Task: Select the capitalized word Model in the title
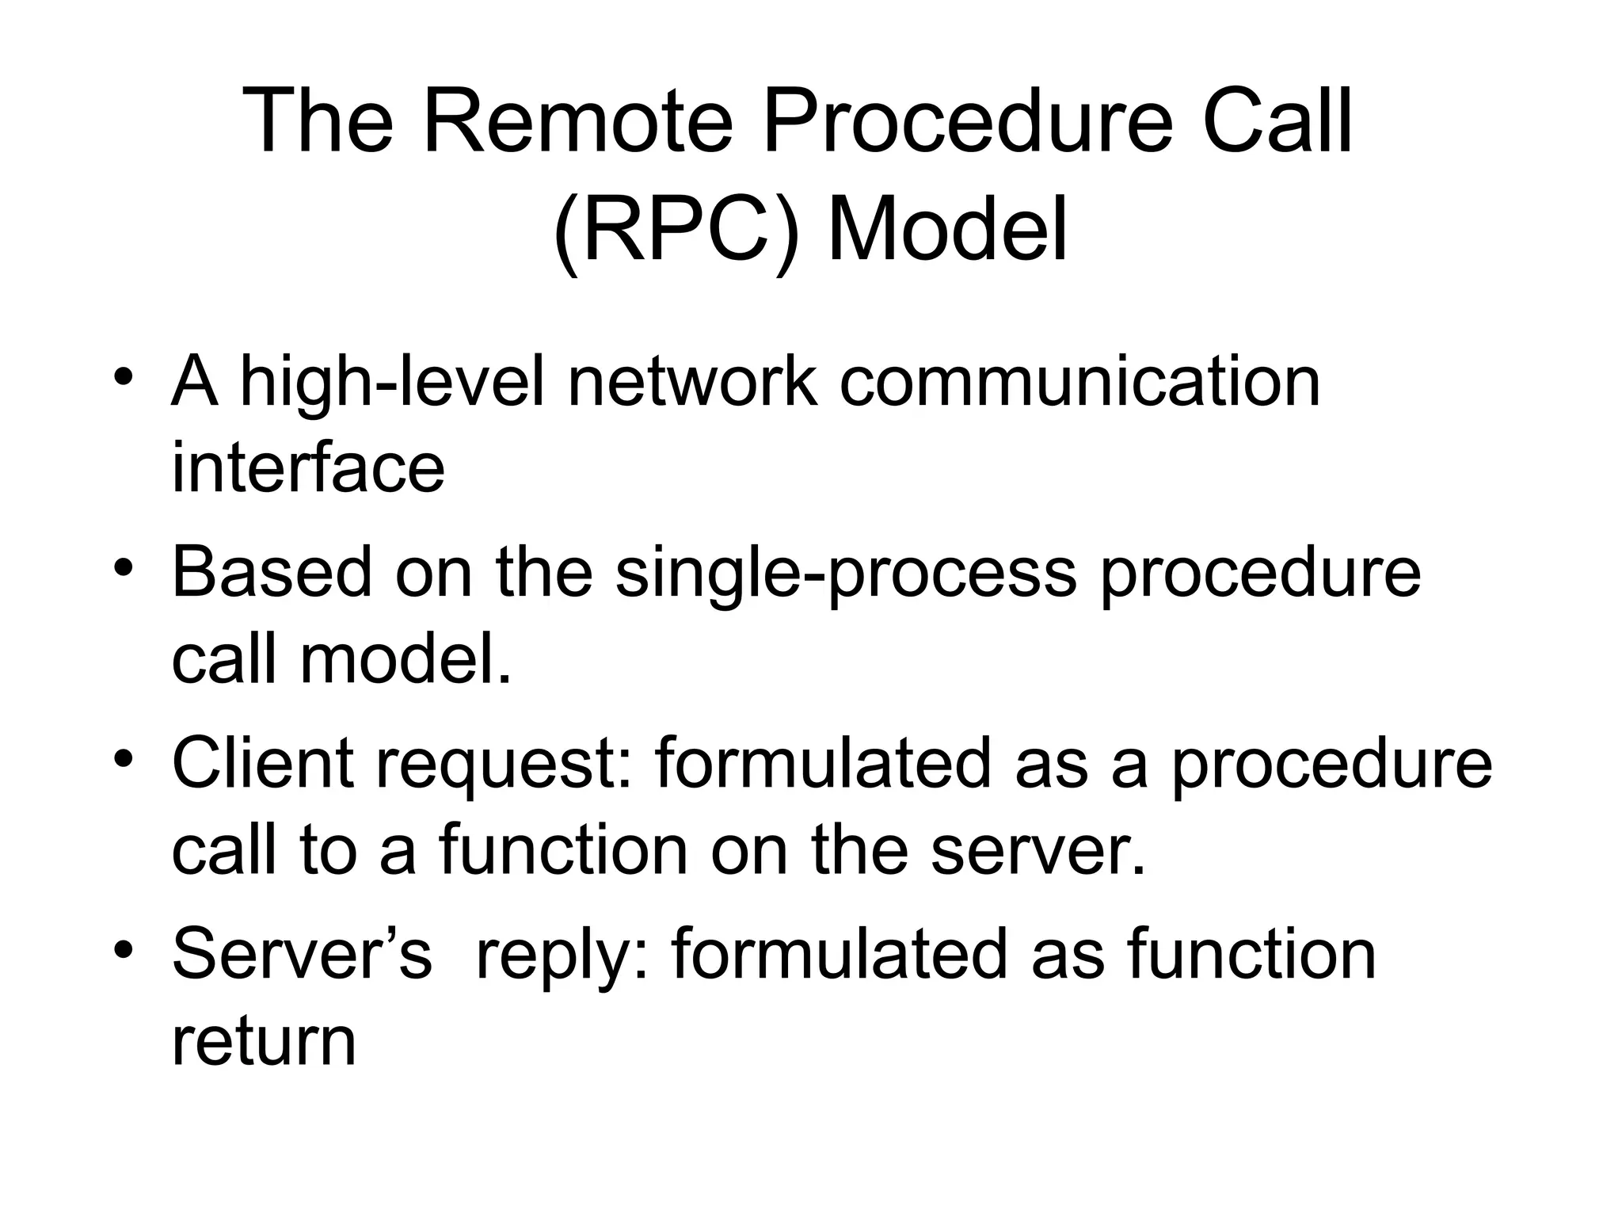click(947, 231)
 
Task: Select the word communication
click(1079, 383)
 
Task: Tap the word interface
click(308, 467)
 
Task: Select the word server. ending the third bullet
click(1038, 850)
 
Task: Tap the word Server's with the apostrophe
click(302, 954)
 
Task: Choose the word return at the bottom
click(264, 1041)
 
